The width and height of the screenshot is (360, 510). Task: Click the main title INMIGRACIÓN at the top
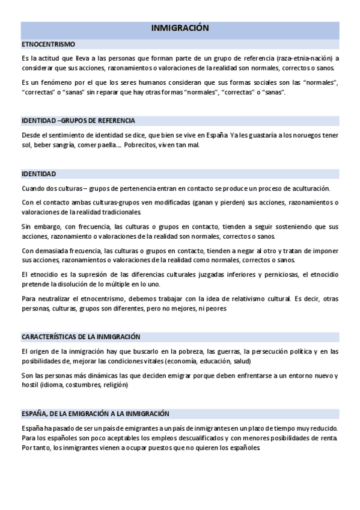[180, 28]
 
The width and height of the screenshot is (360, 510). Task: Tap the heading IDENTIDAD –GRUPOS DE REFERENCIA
[78, 120]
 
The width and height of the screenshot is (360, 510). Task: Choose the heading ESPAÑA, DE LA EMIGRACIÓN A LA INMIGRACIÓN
[95, 413]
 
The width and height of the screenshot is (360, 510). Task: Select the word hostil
[29, 386]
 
